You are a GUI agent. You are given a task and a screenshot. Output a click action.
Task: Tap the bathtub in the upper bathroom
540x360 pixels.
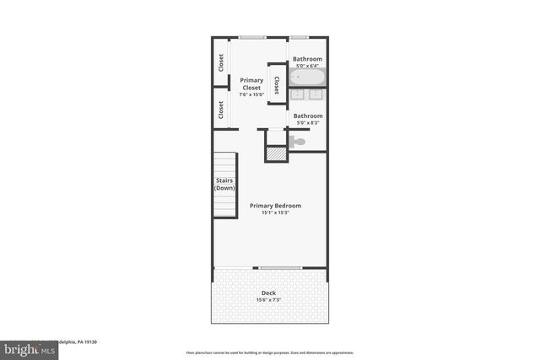click(x=307, y=78)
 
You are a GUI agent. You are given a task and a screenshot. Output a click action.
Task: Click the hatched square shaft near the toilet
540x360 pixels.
click(x=277, y=153)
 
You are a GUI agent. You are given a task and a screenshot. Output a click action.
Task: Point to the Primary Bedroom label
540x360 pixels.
click(x=275, y=206)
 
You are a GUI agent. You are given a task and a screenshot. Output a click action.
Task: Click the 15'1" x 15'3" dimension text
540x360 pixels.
click(x=275, y=213)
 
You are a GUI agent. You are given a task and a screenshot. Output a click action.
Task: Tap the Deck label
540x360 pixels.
click(x=268, y=293)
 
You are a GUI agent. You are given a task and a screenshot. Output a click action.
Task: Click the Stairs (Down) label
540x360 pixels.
click(x=224, y=184)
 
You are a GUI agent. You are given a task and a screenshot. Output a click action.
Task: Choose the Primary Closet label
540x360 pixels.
click(x=251, y=83)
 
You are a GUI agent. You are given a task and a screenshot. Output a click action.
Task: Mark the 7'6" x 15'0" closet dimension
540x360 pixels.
click(x=251, y=94)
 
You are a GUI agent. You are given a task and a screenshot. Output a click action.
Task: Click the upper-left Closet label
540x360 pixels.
click(x=221, y=62)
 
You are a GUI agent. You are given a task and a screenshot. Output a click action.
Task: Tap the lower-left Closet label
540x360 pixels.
click(x=221, y=110)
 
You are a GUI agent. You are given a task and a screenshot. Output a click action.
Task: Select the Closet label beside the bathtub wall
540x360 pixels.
click(x=277, y=83)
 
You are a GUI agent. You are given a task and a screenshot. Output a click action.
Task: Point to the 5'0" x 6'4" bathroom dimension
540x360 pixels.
click(x=307, y=66)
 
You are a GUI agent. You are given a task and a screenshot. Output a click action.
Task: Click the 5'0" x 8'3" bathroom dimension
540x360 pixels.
click(x=307, y=122)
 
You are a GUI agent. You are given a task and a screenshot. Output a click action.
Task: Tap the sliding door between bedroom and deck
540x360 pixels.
click(x=279, y=268)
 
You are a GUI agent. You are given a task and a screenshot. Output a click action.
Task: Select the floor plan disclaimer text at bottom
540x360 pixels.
click(x=269, y=353)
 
